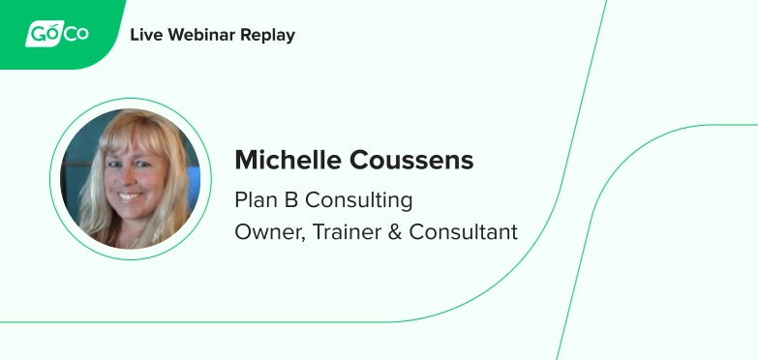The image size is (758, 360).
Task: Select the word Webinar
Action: click(x=202, y=36)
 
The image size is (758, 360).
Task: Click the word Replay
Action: click(x=269, y=36)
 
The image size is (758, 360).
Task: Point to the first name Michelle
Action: click(x=291, y=161)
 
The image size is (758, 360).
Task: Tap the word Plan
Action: click(x=254, y=200)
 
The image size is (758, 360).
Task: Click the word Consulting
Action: click(x=359, y=200)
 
